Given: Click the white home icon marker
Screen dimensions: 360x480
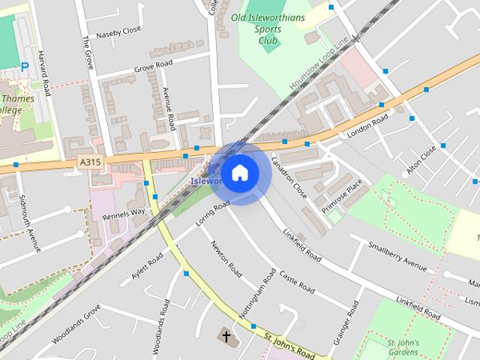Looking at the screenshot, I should [x=239, y=173].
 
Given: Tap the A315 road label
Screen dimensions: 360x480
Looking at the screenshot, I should [x=89, y=160].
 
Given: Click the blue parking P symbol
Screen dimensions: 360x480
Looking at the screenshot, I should [x=25, y=67].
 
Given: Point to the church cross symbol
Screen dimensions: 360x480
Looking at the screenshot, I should [x=226, y=335].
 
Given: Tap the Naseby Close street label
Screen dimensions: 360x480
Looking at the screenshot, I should [x=119, y=31].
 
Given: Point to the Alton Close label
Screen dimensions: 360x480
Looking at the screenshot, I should [x=421, y=160].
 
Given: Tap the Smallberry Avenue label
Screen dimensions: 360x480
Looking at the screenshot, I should [x=397, y=256].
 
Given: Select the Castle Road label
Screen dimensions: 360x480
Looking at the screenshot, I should [x=297, y=281].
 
